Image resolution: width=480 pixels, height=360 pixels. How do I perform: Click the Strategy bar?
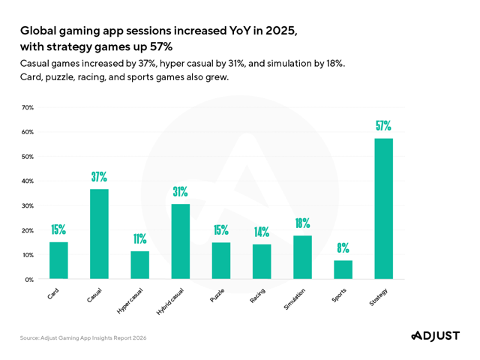tap(383, 208)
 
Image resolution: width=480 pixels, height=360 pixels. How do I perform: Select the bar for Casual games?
tap(99, 234)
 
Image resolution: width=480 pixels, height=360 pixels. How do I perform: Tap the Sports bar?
tap(343, 270)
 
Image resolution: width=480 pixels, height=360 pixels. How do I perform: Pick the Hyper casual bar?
tap(139, 265)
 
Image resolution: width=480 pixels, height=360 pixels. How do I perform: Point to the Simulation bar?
tap(302, 257)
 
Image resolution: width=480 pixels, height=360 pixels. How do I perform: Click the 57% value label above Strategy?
tap(383, 126)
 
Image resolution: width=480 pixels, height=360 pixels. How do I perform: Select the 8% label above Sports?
tap(343, 247)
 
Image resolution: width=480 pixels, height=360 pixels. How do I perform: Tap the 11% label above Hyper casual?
tap(139, 238)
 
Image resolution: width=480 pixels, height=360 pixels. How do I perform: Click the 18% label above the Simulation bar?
tap(302, 223)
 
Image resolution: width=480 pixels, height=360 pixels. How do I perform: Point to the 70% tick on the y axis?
tap(27, 108)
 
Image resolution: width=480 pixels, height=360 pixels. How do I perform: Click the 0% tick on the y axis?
tap(28, 280)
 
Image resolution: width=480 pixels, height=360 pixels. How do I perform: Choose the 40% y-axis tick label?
tap(27, 181)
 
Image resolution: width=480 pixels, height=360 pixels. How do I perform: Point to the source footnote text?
tap(83, 338)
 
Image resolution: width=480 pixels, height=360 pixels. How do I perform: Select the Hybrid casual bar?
tap(180, 241)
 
